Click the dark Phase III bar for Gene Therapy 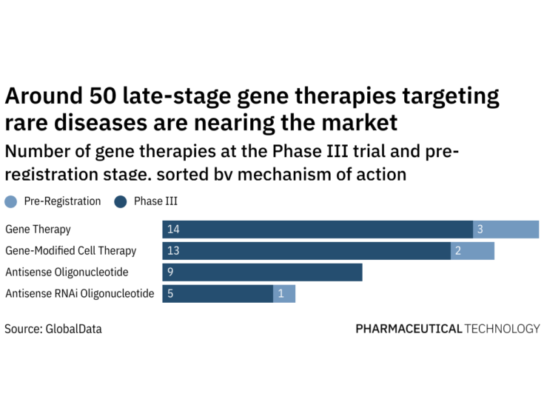(x=318, y=230)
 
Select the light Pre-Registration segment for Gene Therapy (x=506, y=230)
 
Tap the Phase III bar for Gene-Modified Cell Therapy (x=306, y=251)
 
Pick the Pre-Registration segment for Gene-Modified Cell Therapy (x=473, y=251)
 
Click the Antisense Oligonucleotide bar (x=262, y=272)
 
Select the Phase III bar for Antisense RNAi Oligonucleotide (x=218, y=294)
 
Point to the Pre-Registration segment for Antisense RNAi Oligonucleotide (x=284, y=294)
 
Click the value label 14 (x=174, y=230)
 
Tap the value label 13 (x=174, y=251)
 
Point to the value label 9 (x=171, y=272)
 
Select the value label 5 (x=171, y=294)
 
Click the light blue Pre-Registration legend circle (x=10, y=201)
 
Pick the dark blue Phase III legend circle (x=121, y=201)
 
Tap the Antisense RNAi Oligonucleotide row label (x=80, y=294)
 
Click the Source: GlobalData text (x=53, y=329)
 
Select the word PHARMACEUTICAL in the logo (x=408, y=329)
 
